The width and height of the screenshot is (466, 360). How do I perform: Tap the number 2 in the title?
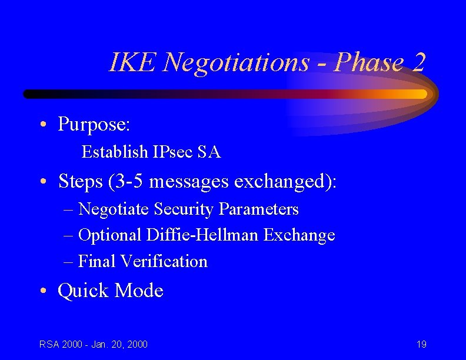418,62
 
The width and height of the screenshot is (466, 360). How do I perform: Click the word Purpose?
94,124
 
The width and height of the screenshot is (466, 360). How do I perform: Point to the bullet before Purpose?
44,125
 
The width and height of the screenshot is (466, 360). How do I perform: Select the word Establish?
115,152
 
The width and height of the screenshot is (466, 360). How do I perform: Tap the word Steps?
81,182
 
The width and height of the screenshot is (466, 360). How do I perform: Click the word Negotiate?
115,209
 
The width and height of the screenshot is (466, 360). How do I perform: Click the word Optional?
110,235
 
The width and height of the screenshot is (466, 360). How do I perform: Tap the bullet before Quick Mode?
44,291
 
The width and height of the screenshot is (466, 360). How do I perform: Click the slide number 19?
421,344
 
